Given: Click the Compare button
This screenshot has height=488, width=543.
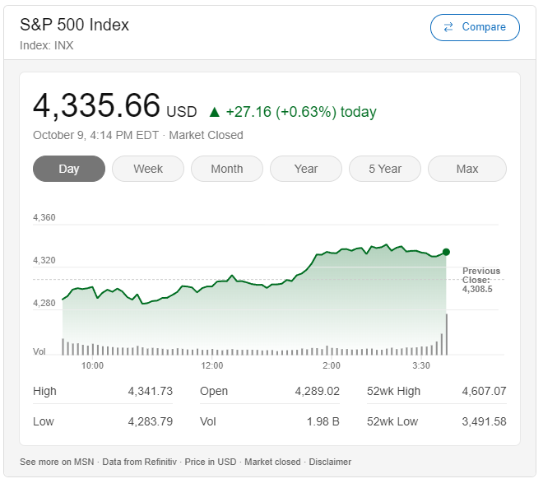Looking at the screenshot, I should tap(475, 27).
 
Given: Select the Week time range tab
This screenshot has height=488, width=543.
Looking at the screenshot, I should tap(148, 169).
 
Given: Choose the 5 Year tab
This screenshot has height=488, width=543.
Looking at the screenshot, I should tap(385, 169).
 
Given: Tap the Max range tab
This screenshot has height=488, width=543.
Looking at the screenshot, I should tap(466, 169).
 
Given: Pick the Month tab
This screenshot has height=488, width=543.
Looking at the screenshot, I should tap(227, 169).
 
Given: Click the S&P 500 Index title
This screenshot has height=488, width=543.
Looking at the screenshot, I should tap(75, 25).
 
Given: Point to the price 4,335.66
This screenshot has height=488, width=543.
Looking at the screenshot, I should tap(96, 106).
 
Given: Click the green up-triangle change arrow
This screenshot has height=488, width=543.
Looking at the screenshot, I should tap(215, 112).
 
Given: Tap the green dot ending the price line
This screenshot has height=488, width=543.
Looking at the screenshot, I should tap(446, 252).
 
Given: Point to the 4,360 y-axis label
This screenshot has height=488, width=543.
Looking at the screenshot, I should tap(44, 217).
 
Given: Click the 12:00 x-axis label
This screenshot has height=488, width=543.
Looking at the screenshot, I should tap(212, 365).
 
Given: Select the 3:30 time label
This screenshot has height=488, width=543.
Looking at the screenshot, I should tap(421, 365).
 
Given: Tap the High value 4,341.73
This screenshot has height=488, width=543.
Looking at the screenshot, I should tap(150, 391).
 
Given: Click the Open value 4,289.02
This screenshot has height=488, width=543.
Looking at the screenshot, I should tap(317, 391).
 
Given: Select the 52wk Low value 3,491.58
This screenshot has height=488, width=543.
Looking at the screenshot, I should tap(484, 421).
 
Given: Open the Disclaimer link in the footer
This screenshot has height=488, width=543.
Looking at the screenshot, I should tap(329, 462).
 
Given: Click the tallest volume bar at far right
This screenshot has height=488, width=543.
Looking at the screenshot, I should tap(447, 334).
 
